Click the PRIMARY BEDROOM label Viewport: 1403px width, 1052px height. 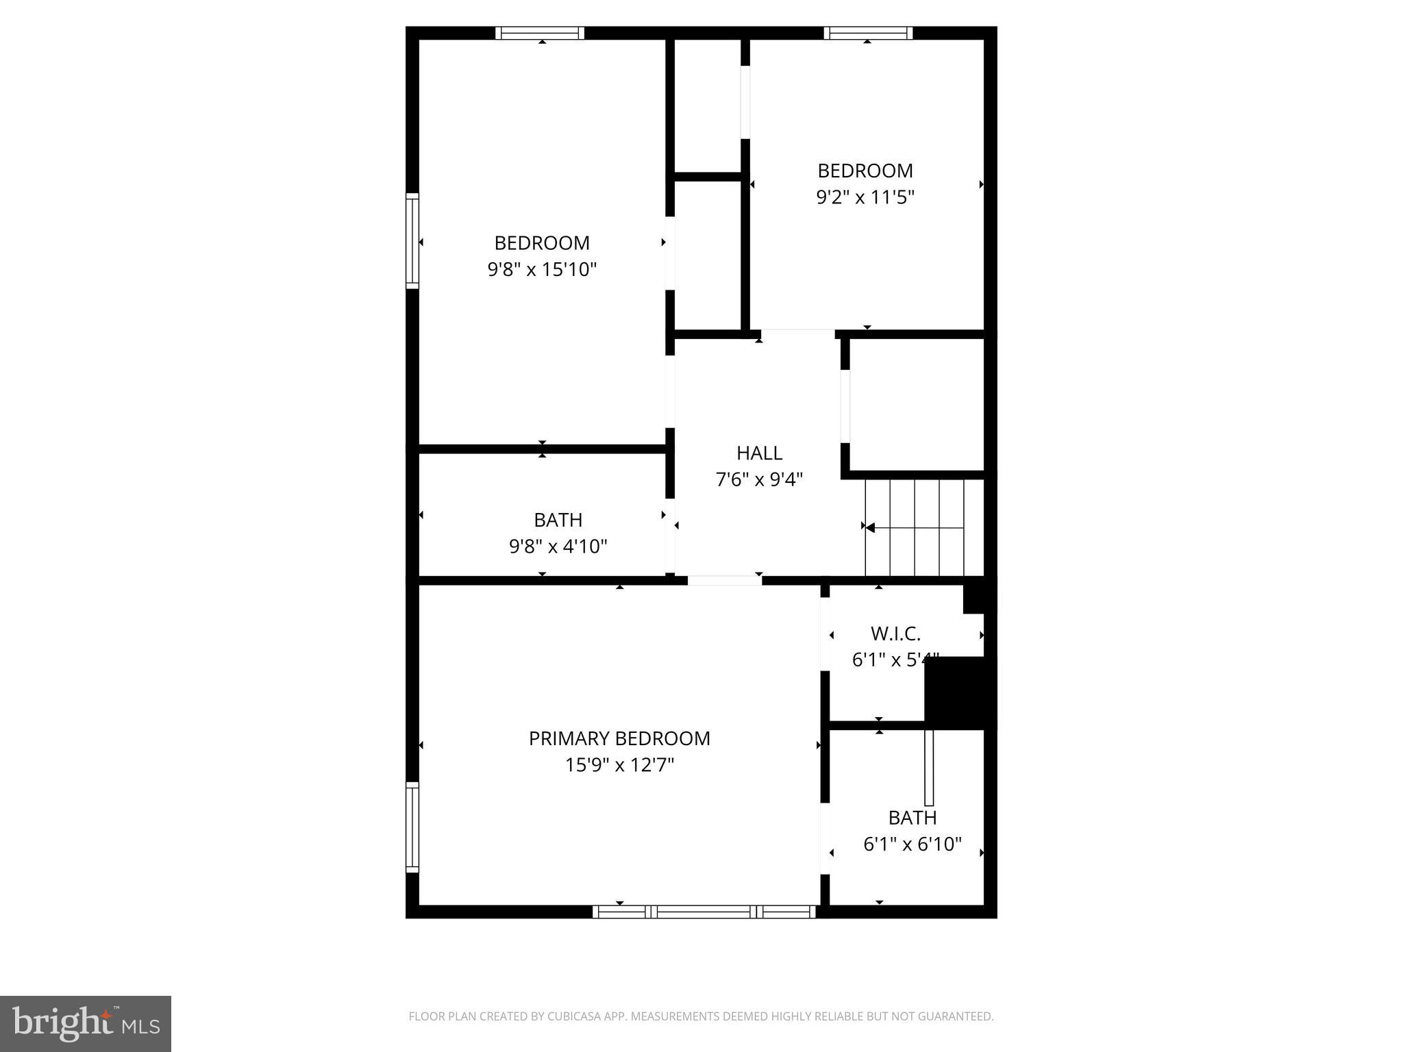coord(619,738)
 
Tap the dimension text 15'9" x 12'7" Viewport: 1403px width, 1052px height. coord(619,765)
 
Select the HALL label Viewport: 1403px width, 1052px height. coord(759,453)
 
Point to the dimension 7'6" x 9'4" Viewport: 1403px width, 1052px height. coord(759,479)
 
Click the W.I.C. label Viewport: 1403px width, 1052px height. coord(895,634)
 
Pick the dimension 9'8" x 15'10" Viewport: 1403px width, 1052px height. coord(542,269)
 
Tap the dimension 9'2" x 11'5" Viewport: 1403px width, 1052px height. coord(865,197)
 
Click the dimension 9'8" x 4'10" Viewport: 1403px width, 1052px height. coord(558,547)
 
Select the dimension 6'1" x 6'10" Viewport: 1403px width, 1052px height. coord(912,844)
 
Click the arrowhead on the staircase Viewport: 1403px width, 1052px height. coord(870,527)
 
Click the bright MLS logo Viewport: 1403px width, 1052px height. coord(86,1024)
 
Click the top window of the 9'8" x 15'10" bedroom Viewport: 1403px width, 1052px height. coord(540,33)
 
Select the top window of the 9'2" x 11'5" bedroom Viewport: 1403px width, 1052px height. coord(868,33)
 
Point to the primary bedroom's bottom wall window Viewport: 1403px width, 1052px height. coord(704,912)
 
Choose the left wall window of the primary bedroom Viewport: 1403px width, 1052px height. coord(412,827)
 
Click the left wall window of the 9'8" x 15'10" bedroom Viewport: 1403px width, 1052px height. coord(412,240)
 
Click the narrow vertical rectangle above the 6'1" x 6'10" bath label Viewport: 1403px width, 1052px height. coord(929,767)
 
